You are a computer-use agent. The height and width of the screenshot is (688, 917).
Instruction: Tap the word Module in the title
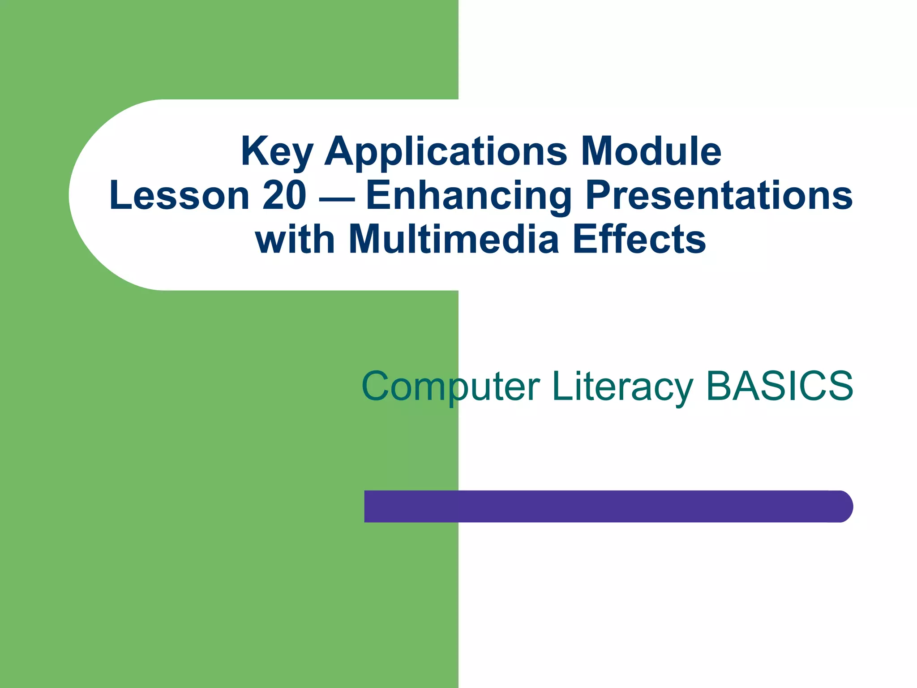pos(651,151)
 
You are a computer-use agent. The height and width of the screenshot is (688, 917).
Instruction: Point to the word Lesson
pos(179,196)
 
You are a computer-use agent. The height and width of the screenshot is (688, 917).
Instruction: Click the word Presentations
pos(719,196)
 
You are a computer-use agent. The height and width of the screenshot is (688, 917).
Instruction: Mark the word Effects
pos(639,240)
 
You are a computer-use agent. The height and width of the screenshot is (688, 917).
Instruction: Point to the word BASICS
pos(780,386)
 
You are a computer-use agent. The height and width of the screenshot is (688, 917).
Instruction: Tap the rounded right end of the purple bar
pos(842,506)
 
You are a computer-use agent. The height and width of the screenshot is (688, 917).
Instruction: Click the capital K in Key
pos(253,151)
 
